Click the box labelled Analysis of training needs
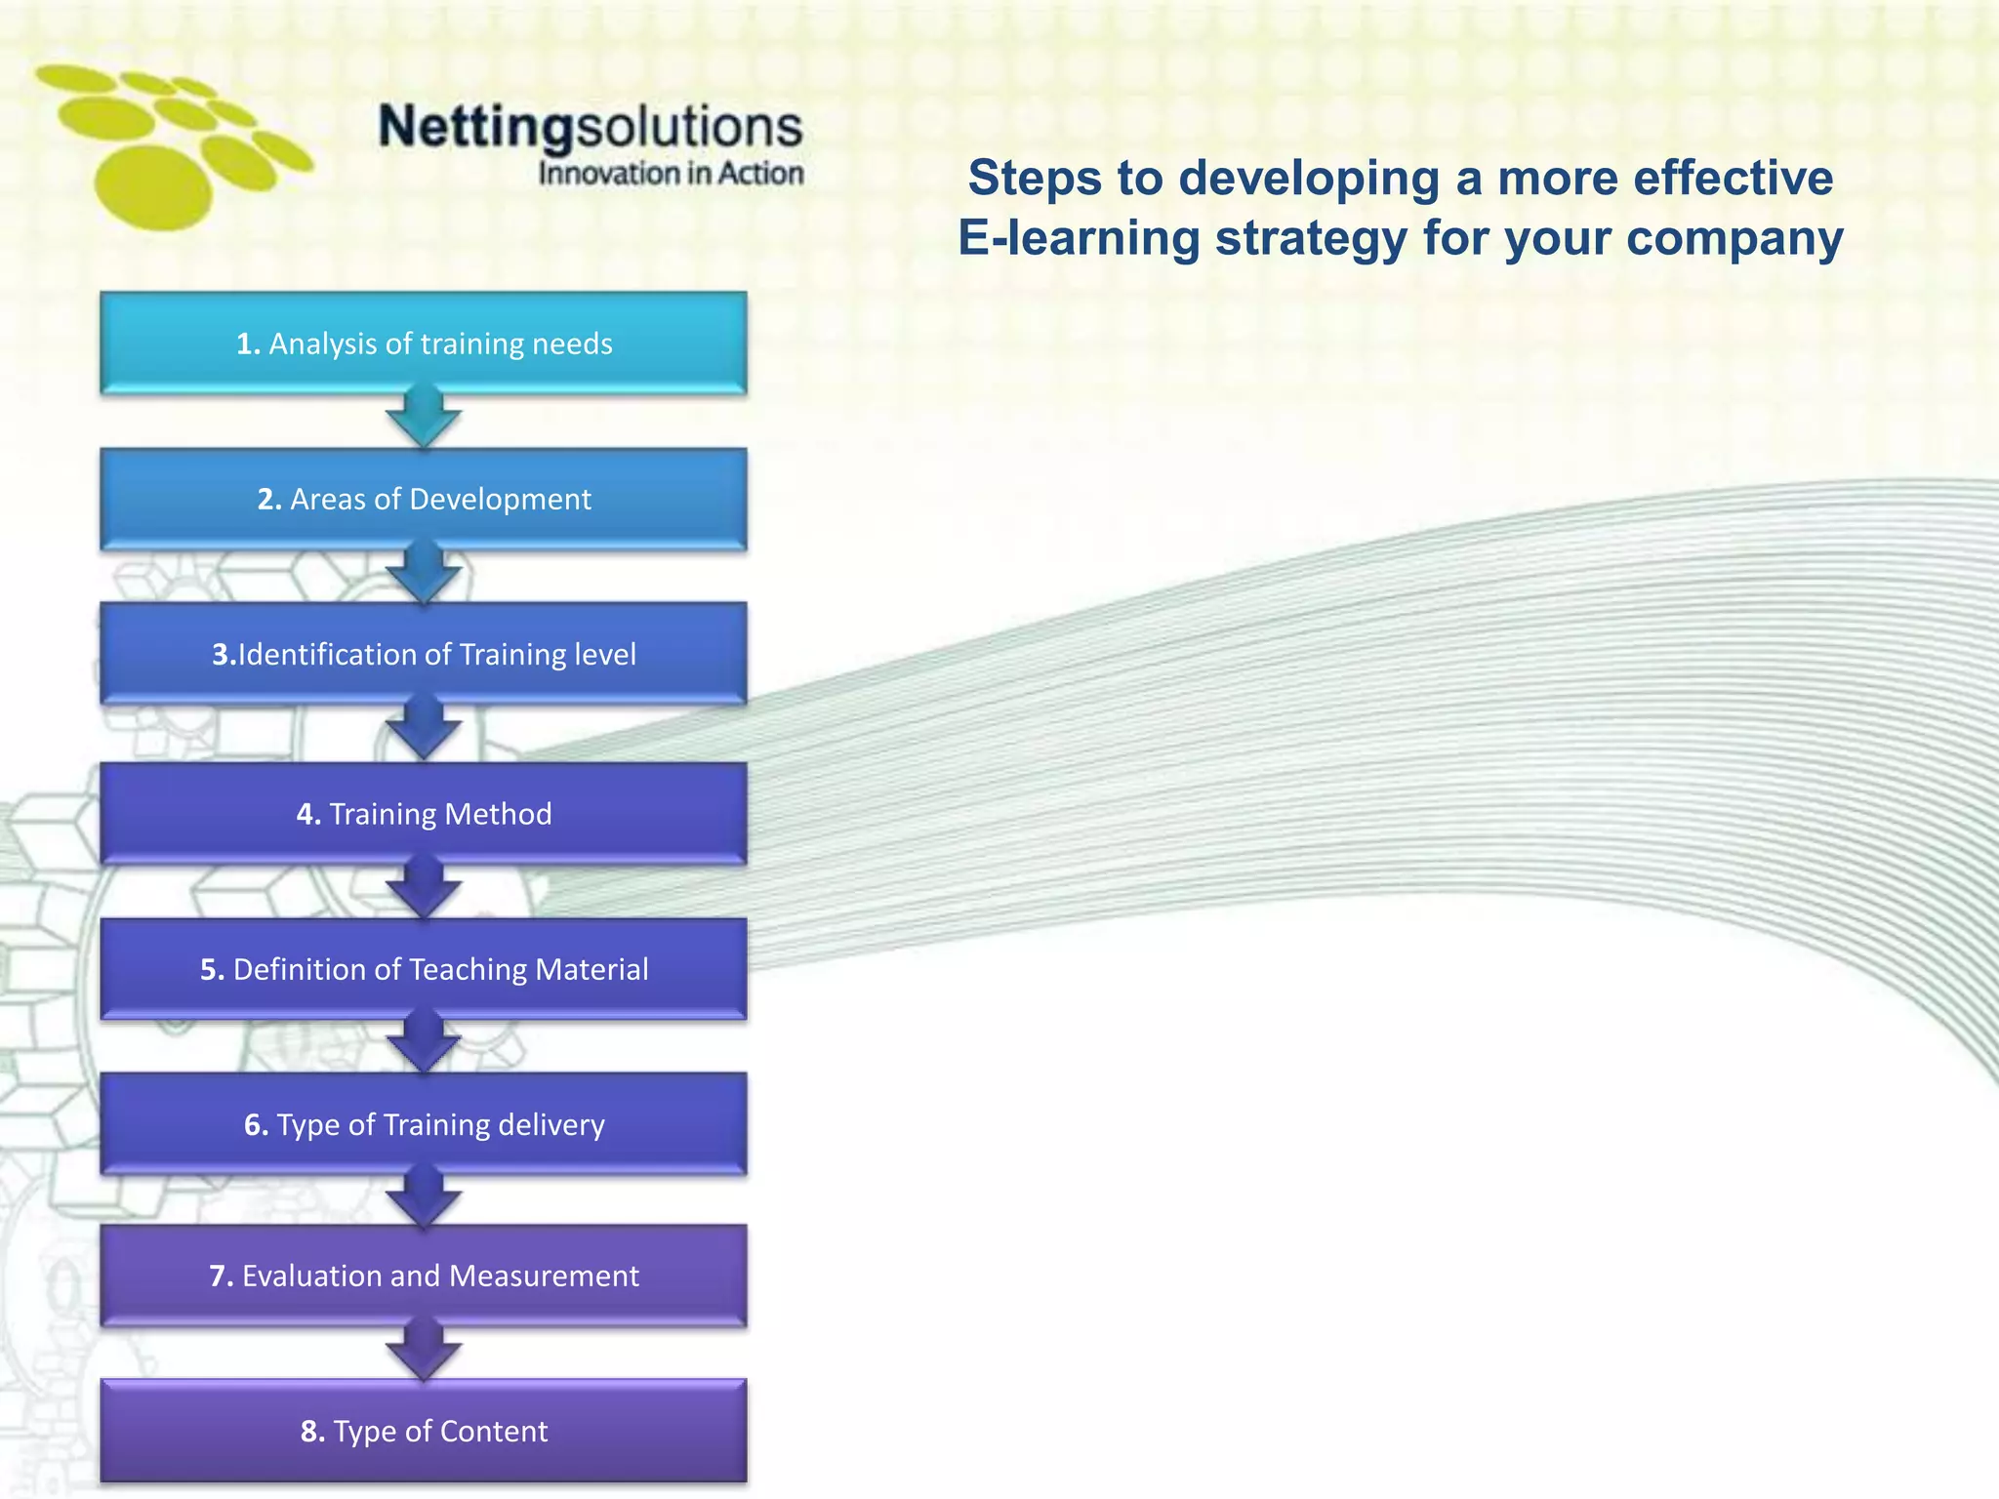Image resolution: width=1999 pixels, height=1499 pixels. tap(424, 344)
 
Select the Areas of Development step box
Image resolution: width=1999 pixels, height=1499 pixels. tap(424, 499)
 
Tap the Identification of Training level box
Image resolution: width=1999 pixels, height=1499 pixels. tap(424, 654)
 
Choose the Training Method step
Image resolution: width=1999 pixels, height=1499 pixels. tap(424, 813)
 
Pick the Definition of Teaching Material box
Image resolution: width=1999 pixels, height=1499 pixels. tap(424, 969)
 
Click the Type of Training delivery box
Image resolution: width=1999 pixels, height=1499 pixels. tap(424, 1124)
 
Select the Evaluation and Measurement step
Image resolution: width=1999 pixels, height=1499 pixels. tap(424, 1276)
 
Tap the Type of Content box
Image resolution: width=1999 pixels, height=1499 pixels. tap(424, 1431)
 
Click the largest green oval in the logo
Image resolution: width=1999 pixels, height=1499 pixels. tap(153, 188)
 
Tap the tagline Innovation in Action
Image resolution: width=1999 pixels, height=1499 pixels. tap(671, 174)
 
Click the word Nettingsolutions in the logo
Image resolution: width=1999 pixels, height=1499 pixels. tap(590, 127)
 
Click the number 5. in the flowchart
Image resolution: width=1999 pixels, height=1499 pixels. tap(213, 969)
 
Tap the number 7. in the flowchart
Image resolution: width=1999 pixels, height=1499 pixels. tap(222, 1276)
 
